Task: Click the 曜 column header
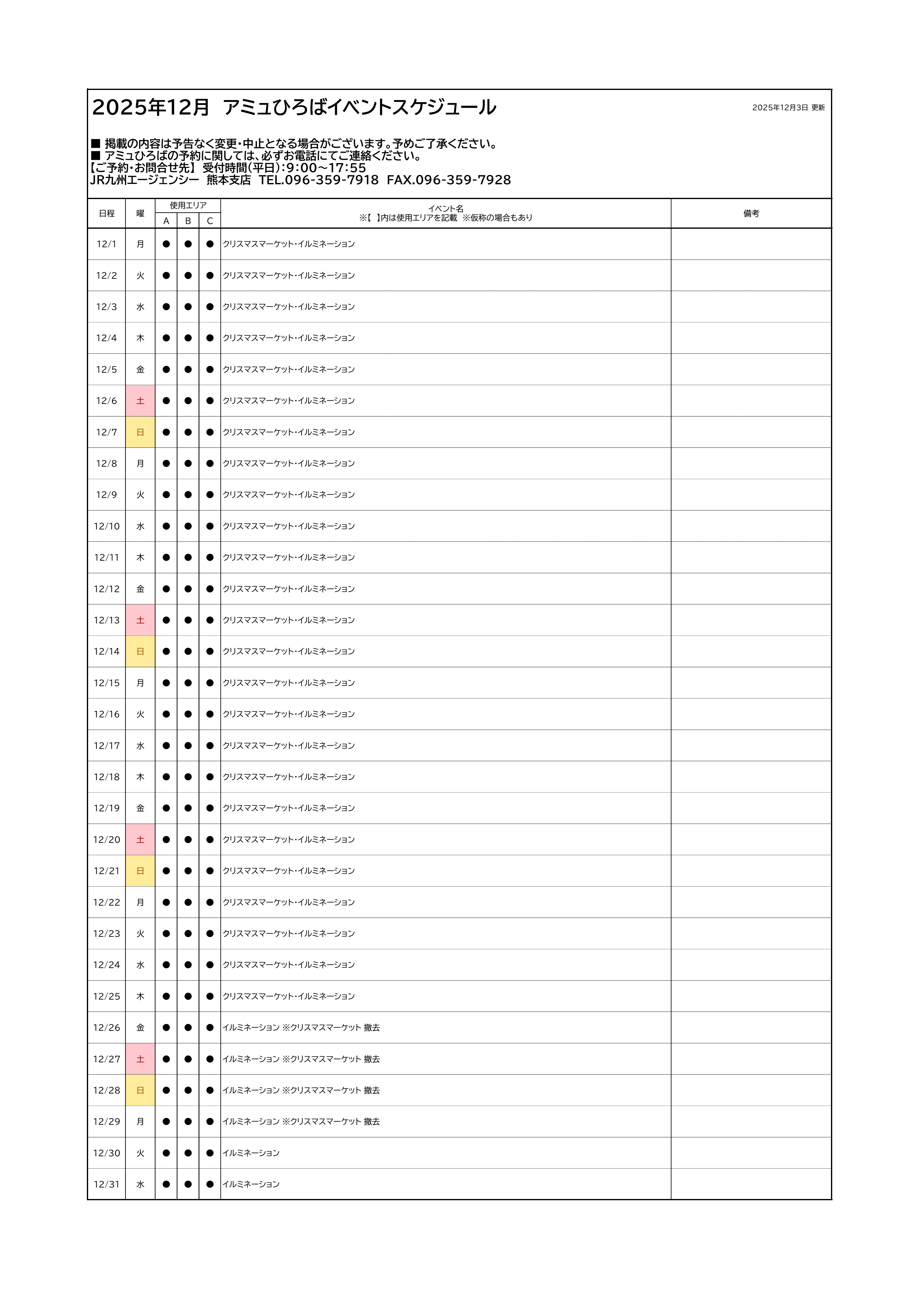pyautogui.click(x=140, y=214)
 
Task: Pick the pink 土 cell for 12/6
pyautogui.click(x=140, y=401)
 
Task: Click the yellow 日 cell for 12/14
pyautogui.click(x=140, y=652)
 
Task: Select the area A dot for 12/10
pyautogui.click(x=166, y=526)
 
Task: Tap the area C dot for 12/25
pyautogui.click(x=210, y=996)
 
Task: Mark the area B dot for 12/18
pyautogui.click(x=188, y=777)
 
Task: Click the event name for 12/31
pyautogui.click(x=251, y=1184)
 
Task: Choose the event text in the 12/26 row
pyautogui.click(x=301, y=1027)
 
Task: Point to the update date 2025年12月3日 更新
pyautogui.click(x=788, y=108)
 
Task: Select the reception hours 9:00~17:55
pyautogui.click(x=326, y=168)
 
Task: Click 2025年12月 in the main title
pyautogui.click(x=151, y=107)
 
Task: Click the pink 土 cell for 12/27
pyautogui.click(x=140, y=1059)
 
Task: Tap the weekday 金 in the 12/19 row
pyautogui.click(x=140, y=808)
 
